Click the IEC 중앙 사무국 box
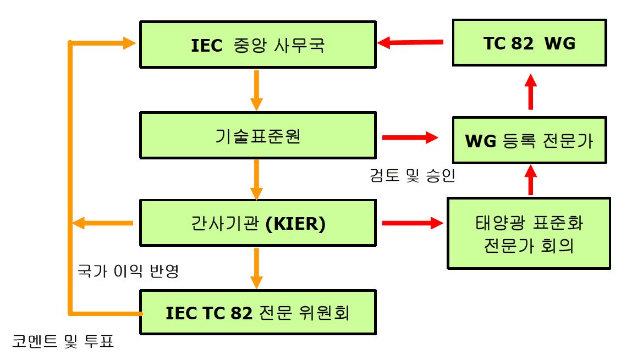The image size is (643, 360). pyautogui.click(x=257, y=45)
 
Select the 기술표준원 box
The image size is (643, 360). pyautogui.click(x=257, y=136)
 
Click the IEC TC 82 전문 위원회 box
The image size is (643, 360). pyautogui.click(x=257, y=313)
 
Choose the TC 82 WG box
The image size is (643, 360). pyautogui.click(x=530, y=43)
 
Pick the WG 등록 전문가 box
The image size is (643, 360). pyautogui.click(x=530, y=140)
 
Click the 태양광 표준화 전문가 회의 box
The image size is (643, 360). pyautogui.click(x=529, y=234)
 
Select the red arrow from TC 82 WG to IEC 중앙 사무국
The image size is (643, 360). pyautogui.click(x=410, y=42)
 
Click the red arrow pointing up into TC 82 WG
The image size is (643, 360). pyautogui.click(x=530, y=91)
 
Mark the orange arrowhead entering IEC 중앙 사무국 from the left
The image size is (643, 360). pyautogui.click(x=128, y=43)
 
